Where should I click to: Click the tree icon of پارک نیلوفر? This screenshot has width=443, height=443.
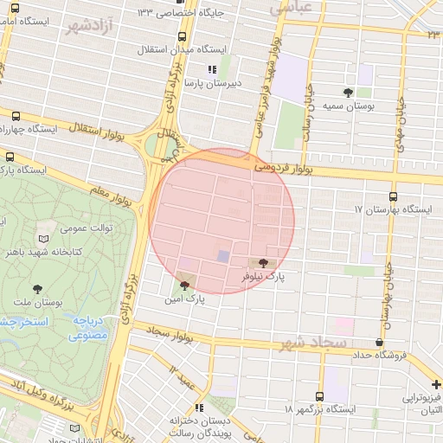coord(263,262)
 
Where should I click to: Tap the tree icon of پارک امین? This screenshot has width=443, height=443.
coord(184,284)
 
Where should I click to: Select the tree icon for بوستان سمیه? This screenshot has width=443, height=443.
coord(349,91)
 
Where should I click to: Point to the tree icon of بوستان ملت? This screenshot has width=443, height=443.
coord(36,289)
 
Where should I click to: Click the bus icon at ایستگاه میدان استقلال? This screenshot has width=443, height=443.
coord(181,37)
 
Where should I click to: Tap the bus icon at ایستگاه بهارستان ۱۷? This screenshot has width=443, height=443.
coord(395,196)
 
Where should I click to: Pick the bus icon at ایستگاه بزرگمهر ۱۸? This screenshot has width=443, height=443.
coord(320,395)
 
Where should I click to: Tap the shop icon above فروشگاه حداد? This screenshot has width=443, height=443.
coord(378,343)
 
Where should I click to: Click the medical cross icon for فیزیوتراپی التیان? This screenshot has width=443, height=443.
coord(436,384)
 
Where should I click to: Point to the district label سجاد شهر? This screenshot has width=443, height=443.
coord(312,344)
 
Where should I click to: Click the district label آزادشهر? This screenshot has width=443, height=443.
coord(90,25)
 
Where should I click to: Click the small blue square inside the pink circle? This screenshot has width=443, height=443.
coord(223,257)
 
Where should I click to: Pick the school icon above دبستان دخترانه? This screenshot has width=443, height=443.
coord(201,407)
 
